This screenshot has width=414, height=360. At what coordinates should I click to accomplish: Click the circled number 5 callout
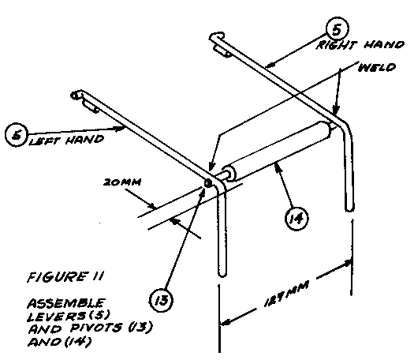tap(337, 29)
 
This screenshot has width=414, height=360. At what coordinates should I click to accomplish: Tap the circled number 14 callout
tap(297, 219)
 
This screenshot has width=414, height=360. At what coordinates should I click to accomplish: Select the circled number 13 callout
tap(161, 300)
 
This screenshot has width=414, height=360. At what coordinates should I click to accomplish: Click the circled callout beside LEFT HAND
tap(17, 134)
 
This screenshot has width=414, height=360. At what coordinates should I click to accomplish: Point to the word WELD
tap(377, 68)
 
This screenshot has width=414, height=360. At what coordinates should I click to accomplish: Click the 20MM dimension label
tap(122, 182)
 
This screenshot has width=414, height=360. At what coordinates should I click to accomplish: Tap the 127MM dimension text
tap(286, 294)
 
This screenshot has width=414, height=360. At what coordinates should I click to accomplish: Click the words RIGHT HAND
tap(360, 45)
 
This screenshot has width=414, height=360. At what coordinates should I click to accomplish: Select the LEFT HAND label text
tap(66, 140)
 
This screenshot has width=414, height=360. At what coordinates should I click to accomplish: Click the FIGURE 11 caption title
tap(65, 277)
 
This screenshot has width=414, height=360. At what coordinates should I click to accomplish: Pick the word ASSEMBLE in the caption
tap(66, 303)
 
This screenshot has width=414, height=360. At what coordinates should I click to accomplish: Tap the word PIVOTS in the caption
tap(96, 328)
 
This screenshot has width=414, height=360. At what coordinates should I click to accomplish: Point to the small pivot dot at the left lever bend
tap(208, 183)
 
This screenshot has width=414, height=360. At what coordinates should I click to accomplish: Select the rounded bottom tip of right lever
tap(349, 208)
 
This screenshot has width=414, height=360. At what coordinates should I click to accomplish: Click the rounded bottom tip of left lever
tap(222, 274)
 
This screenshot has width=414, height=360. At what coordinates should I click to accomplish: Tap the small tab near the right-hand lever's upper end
tap(222, 51)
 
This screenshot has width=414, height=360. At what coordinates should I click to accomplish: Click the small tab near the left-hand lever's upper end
tap(91, 107)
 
